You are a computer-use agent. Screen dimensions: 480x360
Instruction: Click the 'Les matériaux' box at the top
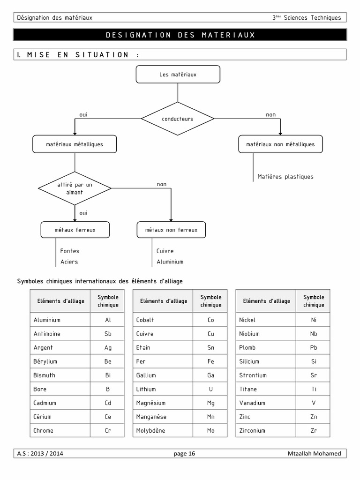pos(178,74)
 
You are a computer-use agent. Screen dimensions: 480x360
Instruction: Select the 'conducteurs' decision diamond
pos(178,119)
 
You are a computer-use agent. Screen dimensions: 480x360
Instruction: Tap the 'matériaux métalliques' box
pos(75,144)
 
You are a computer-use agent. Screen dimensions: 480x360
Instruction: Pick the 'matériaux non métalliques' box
pos(280,144)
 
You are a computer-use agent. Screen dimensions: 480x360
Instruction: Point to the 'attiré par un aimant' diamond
pos(75,188)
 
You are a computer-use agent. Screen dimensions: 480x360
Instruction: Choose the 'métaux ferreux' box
pos(75,230)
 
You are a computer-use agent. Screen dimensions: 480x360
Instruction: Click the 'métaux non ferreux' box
pos(171,230)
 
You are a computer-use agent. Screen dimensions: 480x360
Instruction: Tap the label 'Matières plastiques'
pos(285,177)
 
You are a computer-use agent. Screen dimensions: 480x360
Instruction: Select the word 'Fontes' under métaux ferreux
pos(70,251)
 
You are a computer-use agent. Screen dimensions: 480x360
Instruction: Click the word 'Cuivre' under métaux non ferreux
pos(165,251)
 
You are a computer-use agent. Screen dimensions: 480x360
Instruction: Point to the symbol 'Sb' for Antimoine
pos(108,334)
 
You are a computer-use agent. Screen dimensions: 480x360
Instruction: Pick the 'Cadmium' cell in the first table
pos(45,403)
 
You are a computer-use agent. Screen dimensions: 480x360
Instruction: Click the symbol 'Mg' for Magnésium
pos(211,403)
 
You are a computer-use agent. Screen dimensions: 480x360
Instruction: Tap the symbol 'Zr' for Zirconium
pos(314,430)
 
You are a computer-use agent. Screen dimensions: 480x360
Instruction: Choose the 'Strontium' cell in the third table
pos(253,375)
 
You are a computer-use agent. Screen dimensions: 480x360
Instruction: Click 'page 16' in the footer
pos(184,453)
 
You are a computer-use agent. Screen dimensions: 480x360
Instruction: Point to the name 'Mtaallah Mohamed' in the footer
pos(314,453)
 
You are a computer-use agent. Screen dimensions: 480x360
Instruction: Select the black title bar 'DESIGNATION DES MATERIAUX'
pos(180,35)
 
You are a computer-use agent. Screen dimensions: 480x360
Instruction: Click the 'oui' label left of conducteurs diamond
pos(83,115)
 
